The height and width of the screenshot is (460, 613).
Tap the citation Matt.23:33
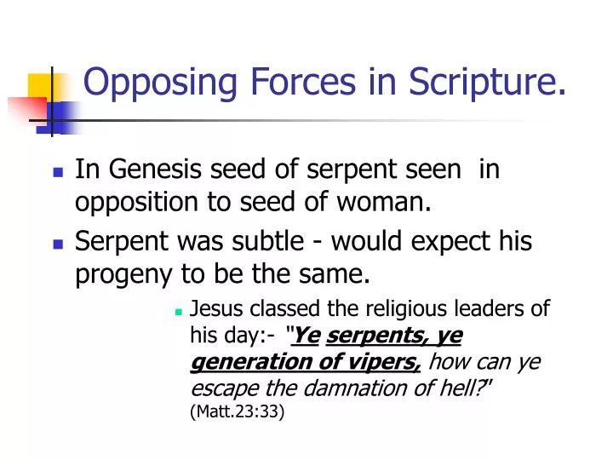238,412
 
